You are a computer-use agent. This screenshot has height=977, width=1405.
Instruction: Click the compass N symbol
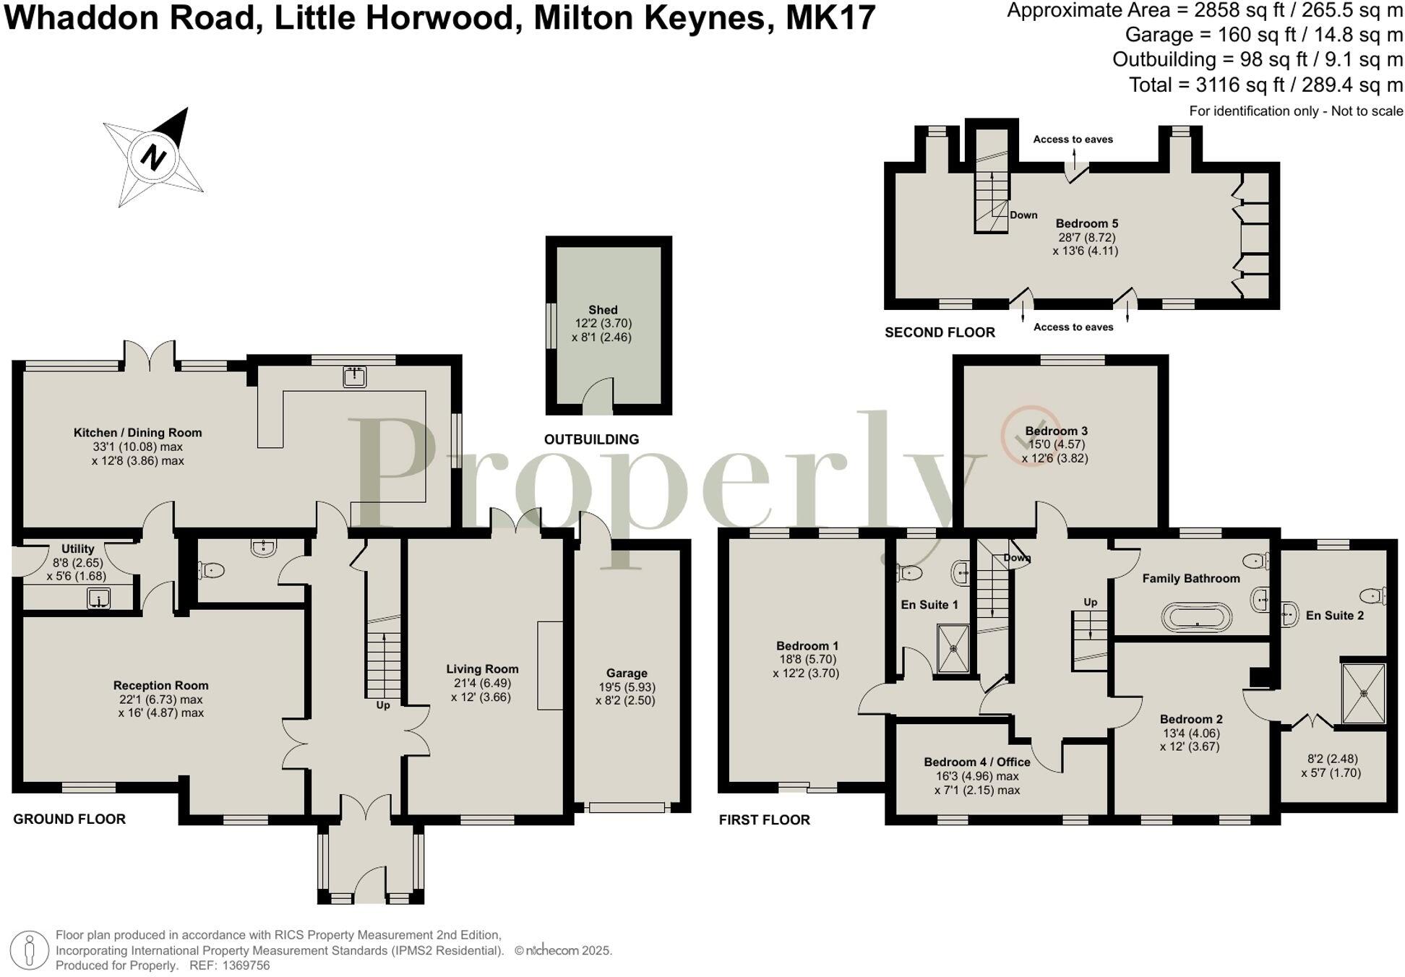(153, 156)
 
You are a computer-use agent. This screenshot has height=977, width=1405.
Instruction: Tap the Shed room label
(603, 310)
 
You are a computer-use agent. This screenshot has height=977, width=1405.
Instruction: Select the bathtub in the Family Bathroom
(1197, 618)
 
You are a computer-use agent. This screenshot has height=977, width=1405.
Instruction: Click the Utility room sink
(98, 598)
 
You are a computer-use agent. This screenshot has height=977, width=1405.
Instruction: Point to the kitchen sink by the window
(354, 376)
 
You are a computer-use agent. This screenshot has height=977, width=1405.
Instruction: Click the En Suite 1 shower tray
(953, 648)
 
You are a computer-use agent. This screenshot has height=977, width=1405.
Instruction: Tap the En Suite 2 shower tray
(1363, 693)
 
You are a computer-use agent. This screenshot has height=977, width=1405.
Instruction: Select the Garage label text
(627, 673)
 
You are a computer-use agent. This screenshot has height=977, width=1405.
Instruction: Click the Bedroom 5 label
(1086, 223)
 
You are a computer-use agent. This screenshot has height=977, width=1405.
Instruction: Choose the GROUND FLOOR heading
(69, 819)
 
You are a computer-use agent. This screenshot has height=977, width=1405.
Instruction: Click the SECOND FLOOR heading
(940, 332)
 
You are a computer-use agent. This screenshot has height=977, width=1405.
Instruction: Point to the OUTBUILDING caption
(591, 439)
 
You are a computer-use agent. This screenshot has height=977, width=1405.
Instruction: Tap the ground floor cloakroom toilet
(212, 571)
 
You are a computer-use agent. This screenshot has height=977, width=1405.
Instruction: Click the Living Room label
(482, 669)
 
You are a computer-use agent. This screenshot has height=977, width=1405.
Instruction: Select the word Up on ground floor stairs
(383, 705)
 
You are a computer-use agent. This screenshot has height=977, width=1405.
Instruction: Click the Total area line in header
(1266, 85)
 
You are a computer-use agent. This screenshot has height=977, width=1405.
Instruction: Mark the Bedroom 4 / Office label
(977, 762)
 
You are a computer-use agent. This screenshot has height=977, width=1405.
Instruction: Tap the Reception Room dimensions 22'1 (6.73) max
(161, 700)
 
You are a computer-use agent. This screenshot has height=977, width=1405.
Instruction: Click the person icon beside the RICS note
(30, 950)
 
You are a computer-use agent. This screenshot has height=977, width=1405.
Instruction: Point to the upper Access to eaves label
(1073, 139)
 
